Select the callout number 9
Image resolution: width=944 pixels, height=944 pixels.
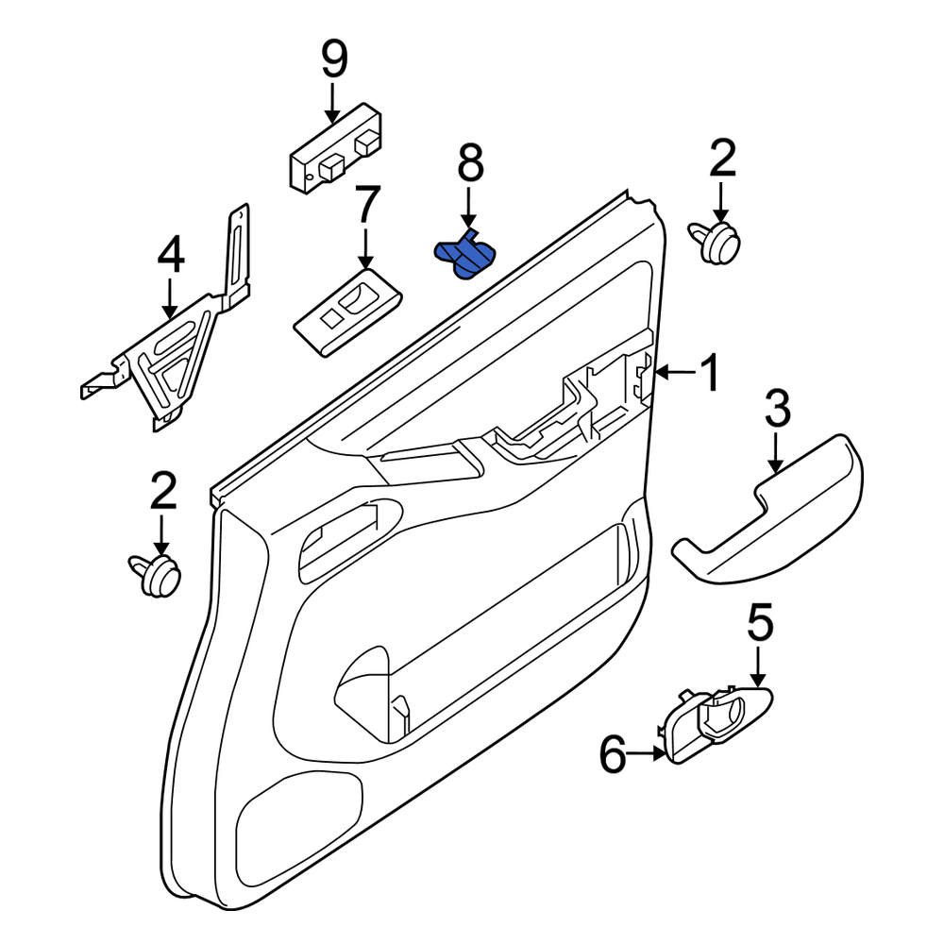point(333,59)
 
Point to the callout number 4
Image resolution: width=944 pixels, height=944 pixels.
point(171,255)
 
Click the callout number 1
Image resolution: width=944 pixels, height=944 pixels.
point(709,373)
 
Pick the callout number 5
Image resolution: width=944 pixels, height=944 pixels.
point(760,623)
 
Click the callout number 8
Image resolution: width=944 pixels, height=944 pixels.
point(470,164)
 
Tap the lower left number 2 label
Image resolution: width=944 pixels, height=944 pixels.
point(162,491)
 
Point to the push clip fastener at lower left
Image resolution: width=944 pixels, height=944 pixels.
point(157,575)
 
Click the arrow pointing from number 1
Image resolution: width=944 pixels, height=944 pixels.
point(673,374)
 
